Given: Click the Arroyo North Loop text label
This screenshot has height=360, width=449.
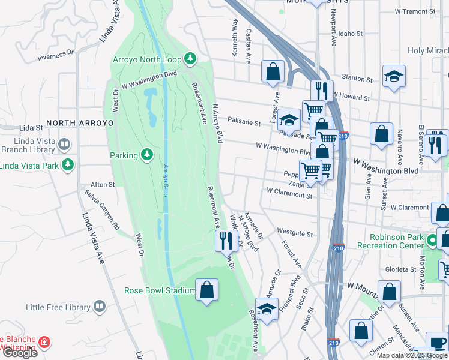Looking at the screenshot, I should point(148,59).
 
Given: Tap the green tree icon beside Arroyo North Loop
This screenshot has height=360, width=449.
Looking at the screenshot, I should point(190,58).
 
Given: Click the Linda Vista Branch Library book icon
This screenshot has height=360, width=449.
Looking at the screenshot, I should point(64,145).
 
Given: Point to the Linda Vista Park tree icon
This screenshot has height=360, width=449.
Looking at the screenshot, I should point(69,164).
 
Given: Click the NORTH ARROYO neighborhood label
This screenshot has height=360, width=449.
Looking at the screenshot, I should point(79,122).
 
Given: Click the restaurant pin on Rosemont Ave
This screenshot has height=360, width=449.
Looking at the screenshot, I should point(226,241).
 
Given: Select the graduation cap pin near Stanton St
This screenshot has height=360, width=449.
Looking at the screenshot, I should point(394,77).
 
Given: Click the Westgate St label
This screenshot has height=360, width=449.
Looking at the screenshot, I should point(295,232).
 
